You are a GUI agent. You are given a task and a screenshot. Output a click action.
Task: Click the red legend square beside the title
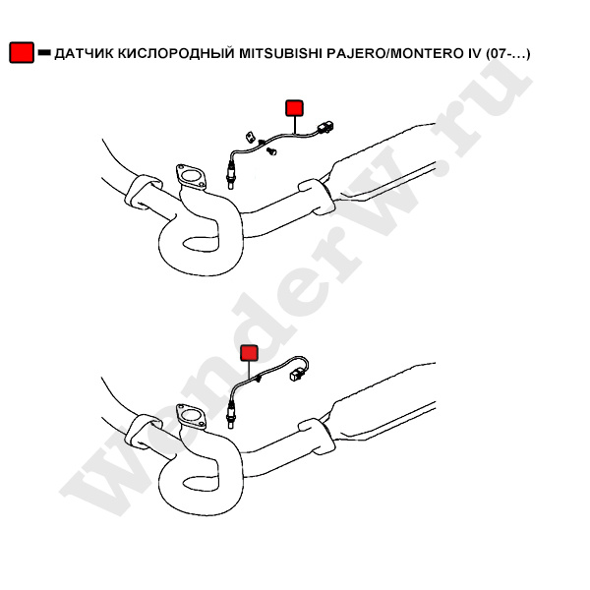22,52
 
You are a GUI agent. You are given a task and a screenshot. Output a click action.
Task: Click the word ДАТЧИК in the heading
84,53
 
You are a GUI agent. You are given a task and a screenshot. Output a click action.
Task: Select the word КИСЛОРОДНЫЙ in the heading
176,53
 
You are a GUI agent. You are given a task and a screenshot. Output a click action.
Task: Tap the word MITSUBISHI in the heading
280,53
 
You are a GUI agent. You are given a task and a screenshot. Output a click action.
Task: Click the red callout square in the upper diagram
295,108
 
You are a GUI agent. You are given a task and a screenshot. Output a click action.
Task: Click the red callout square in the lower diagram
249,353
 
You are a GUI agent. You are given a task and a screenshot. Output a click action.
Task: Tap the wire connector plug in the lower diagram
296,375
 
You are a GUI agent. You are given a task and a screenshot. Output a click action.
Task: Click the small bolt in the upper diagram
271,151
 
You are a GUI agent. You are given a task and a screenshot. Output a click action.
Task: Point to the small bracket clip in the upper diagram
250,137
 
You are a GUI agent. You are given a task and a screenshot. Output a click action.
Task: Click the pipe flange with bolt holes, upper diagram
191,176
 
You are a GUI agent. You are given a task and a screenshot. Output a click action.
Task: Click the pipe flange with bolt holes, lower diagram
191,417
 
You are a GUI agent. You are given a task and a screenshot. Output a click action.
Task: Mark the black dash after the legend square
44,53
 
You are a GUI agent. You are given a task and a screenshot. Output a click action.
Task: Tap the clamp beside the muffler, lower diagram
317,436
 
